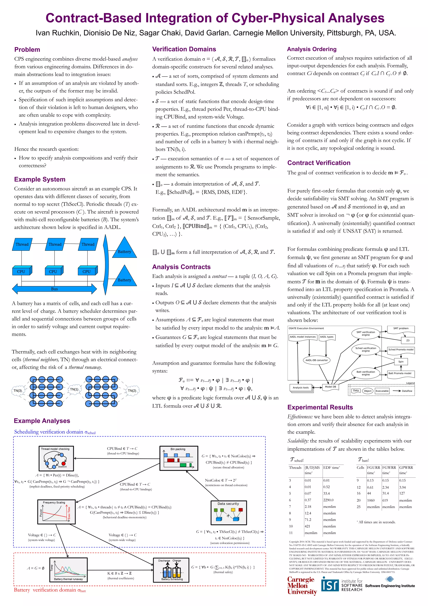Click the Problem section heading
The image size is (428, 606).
(x=27, y=50)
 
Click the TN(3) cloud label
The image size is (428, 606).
(x=18, y=391)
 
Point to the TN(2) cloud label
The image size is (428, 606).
(x=132, y=391)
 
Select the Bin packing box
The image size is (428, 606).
(x=178, y=458)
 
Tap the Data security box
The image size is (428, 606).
(x=228, y=513)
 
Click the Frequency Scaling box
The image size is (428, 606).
(x=56, y=512)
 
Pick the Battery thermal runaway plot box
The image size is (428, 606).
(x=68, y=570)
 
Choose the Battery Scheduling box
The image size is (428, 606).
(x=171, y=570)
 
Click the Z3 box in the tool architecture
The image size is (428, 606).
(x=408, y=341)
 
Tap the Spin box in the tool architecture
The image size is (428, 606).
(x=401, y=362)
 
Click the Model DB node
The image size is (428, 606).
(x=330, y=387)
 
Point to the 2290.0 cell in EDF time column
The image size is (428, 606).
(x=328, y=500)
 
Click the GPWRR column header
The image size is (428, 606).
(x=406, y=467)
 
